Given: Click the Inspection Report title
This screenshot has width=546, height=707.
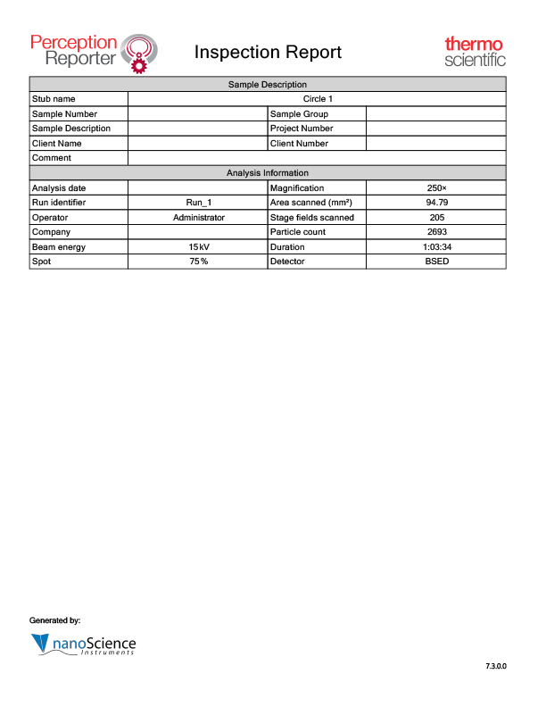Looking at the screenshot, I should [268, 52].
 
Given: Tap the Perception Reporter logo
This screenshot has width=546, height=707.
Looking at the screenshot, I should [94, 52].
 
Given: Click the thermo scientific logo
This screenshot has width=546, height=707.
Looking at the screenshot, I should [475, 52].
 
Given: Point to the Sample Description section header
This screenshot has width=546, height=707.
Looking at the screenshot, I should [268, 84].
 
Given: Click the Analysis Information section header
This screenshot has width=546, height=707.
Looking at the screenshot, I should [268, 173].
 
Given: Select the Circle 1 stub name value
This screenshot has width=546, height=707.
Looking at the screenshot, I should [318, 99].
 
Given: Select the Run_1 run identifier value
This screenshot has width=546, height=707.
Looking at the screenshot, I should [198, 203].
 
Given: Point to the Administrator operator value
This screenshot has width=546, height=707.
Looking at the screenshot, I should [198, 217].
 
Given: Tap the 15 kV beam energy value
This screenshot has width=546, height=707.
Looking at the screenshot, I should [198, 246].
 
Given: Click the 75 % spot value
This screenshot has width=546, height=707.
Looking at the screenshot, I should [198, 262].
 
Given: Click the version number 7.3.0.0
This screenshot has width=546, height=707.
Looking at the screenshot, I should [495, 667].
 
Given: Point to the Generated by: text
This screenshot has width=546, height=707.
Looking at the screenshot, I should [55, 620].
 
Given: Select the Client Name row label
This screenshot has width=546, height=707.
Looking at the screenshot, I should [56, 143].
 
